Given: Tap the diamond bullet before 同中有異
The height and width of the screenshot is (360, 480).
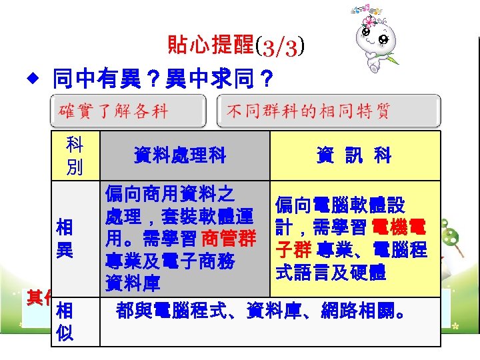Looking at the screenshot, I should tap(29, 81).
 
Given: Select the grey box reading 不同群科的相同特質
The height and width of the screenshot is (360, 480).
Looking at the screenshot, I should tap(329, 111).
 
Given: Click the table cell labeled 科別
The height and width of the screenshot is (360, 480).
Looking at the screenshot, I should tap(75, 155).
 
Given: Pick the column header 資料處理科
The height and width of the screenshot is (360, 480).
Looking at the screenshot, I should tap(179, 156).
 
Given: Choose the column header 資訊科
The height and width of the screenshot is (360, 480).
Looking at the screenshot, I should tap(354, 156).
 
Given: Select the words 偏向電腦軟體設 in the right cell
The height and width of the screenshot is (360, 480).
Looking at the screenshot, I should tap(340, 204).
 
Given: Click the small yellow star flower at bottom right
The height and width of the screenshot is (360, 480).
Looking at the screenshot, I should tap(456, 327).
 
